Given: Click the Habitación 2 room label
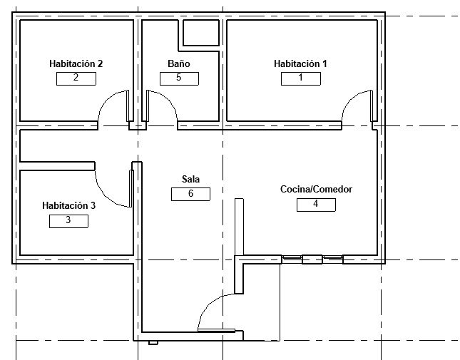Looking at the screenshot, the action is point(76,63).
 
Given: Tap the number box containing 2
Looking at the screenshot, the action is point(76,78).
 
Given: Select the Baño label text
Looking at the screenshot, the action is point(179,63).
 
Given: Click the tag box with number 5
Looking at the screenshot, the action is point(179,78).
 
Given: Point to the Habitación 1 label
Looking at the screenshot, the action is point(300,63).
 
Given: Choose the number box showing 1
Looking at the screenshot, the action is point(301,78).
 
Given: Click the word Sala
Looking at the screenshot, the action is point(190,179).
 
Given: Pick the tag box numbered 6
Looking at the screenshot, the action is point(190,194).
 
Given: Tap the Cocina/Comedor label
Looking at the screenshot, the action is point(316,189).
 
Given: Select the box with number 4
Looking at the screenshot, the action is point(316,205).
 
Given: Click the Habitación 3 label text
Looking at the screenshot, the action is point(69,205).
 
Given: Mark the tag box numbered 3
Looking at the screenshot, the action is point(68,221).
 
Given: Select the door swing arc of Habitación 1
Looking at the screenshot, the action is point(349,99).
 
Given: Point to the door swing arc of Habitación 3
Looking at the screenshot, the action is point(105,196).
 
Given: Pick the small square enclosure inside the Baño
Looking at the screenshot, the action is point(201,33).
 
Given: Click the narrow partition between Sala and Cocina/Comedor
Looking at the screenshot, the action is point(239,227).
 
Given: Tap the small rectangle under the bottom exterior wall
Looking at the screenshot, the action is point(153,343).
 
